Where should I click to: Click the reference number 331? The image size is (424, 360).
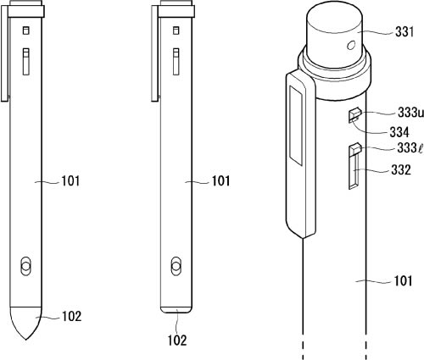point(404,32)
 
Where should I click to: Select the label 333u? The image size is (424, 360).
point(410,113)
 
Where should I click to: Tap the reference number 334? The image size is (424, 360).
point(399,132)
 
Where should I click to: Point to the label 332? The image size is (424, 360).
point(401,169)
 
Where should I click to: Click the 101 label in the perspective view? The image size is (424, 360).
point(404,280)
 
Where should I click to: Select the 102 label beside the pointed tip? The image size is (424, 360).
point(72,316)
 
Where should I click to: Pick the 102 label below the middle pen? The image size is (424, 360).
point(177,341)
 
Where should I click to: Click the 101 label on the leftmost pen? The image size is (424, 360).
point(71,181)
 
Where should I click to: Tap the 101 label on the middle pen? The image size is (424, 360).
point(221,181)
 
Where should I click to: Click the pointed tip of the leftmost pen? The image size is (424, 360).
point(25,340)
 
